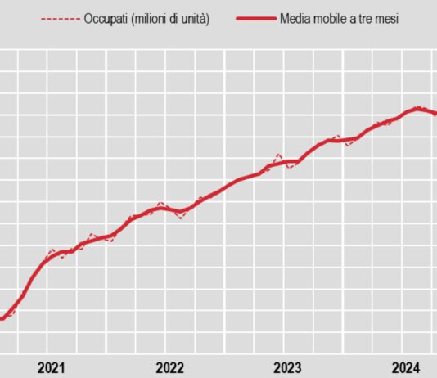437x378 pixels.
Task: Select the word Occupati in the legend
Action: coord(106,19)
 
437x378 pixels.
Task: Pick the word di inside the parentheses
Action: coord(176,19)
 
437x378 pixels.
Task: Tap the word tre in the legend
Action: coord(367,19)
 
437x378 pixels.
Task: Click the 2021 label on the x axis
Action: coord(52,367)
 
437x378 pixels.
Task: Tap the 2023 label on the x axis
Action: coord(287,367)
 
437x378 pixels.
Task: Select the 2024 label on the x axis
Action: coord(406,367)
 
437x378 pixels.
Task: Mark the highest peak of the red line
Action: coord(418,108)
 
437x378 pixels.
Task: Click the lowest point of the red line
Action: coord(2,318)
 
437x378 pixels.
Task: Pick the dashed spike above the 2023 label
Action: coord(278,155)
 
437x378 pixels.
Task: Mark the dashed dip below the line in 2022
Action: coord(182,216)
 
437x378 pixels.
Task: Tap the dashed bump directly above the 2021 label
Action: coord(52,250)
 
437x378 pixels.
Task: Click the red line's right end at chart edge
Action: coord(435,113)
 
